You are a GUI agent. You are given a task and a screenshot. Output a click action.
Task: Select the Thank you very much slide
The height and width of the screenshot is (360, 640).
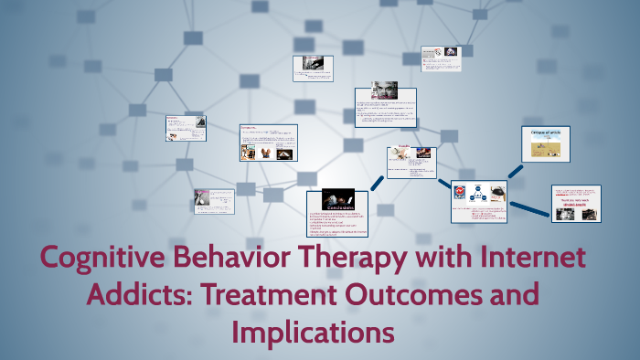click(x=577, y=203)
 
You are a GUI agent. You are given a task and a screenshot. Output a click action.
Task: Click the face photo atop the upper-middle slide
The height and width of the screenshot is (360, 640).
click(x=385, y=90)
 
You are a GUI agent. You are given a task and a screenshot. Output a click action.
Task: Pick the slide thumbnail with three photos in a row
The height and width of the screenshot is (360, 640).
click(x=268, y=143)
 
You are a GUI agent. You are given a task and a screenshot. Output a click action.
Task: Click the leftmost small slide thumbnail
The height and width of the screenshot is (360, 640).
click(x=185, y=128)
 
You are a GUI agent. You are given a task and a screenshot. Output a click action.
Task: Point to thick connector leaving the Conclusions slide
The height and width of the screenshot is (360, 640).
click(x=377, y=182)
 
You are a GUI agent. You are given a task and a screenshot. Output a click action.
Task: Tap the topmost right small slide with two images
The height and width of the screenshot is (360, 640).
click(x=441, y=58)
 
